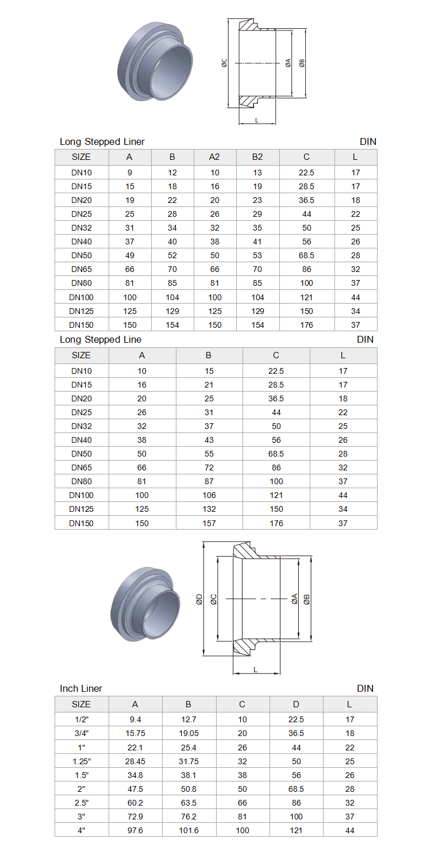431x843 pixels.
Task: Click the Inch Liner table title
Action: pos(81,688)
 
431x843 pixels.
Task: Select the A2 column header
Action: pos(214,157)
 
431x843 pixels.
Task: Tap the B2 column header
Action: pos(257,157)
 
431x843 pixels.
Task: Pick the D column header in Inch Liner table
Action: pos(296,704)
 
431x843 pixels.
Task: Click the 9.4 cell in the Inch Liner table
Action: pos(136,719)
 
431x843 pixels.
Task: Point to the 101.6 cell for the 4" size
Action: pos(189,830)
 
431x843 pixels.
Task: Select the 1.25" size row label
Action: pos(82,761)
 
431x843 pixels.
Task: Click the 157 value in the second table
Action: pos(209,523)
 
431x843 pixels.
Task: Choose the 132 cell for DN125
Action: pos(209,509)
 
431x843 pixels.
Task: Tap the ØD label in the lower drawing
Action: pos(199,599)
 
